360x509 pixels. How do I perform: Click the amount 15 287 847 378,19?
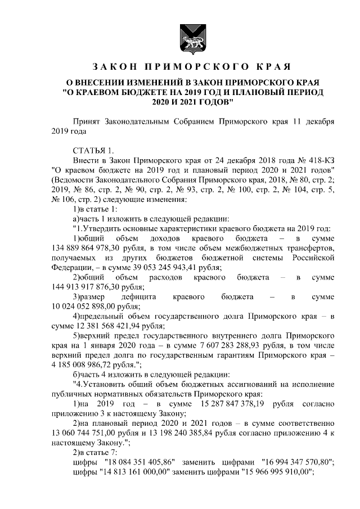pos(224,404)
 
